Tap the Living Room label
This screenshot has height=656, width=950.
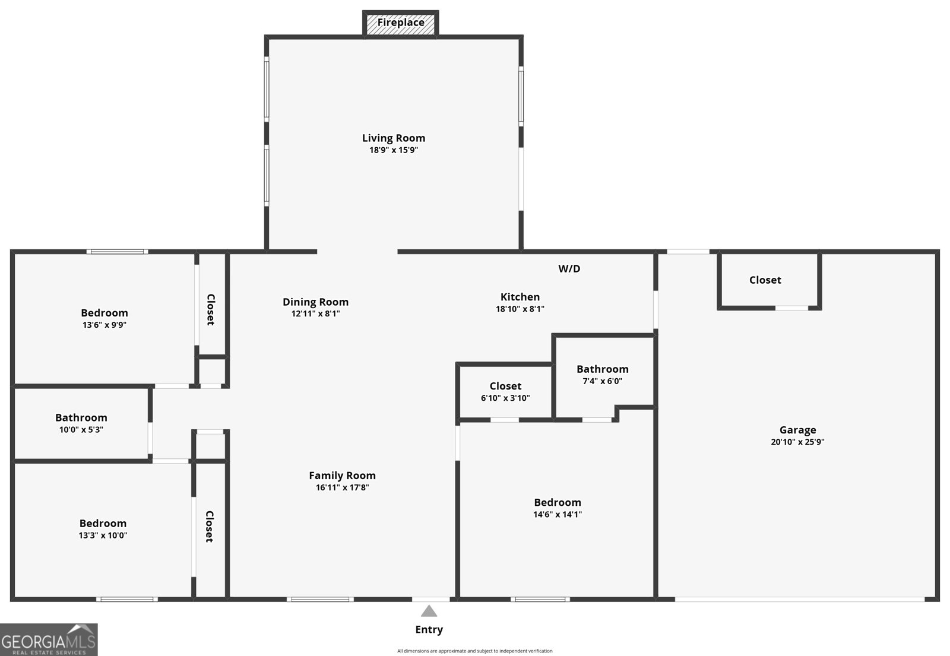pos(394,138)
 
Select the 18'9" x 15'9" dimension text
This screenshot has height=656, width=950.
pos(394,150)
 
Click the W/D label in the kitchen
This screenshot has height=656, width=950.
pos(569,269)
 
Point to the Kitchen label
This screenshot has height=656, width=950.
pos(520,297)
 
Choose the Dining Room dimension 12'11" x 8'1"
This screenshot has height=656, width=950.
pos(315,313)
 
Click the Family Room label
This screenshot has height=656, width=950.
pos(342,476)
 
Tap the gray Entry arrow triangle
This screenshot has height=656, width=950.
pos(429,611)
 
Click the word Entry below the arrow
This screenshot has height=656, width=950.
pos(429,629)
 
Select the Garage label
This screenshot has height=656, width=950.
pos(797,430)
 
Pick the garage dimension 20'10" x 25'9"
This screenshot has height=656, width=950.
pos(797,442)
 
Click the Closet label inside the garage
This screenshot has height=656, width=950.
pos(765,280)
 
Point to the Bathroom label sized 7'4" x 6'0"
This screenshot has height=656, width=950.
pos(602,369)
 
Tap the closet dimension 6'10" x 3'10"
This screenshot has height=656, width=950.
pos(505,398)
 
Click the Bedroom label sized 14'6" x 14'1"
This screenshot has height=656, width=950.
pos(557,502)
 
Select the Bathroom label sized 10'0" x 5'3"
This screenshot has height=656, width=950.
pos(81,417)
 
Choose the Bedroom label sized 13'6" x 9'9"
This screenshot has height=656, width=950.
pos(104,313)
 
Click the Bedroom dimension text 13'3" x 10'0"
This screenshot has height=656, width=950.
pos(103,535)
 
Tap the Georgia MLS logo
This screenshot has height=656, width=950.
pos(49,640)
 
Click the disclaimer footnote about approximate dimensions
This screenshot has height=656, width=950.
pos(474,651)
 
